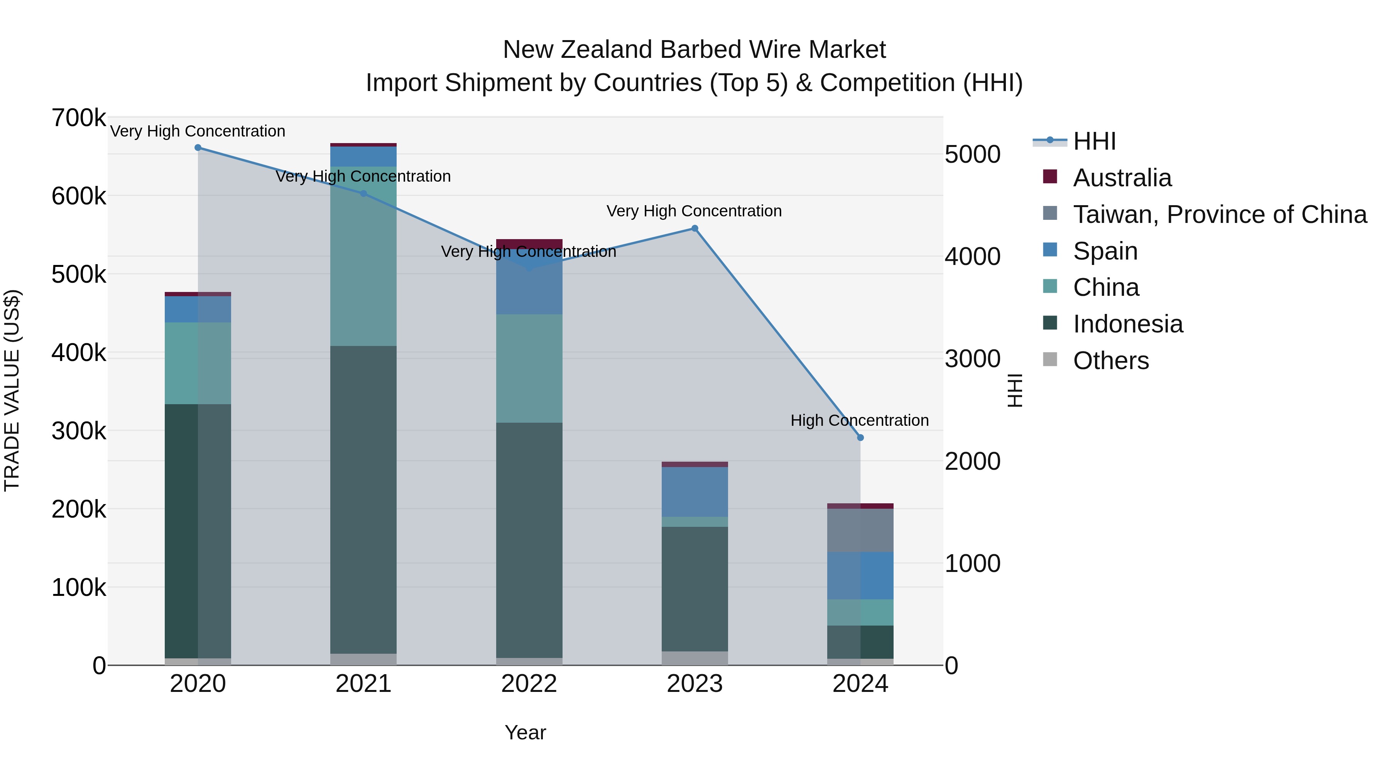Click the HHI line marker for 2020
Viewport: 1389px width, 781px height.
(x=198, y=148)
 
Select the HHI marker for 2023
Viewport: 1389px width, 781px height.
(x=694, y=229)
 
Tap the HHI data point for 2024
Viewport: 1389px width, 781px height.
(x=860, y=438)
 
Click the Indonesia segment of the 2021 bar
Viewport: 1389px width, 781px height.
(x=363, y=499)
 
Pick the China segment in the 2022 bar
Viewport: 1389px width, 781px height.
(x=529, y=368)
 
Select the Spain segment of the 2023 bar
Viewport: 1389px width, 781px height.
(x=694, y=492)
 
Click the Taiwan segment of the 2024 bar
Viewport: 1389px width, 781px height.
(x=860, y=530)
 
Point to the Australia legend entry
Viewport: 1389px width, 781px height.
(x=1122, y=178)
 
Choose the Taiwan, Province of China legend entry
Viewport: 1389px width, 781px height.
(x=1218, y=214)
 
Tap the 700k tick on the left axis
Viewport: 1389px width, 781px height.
(x=79, y=118)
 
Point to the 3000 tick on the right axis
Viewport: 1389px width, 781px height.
(x=972, y=359)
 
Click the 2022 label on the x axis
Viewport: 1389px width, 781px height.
(x=529, y=684)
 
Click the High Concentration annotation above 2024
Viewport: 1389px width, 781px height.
(x=860, y=420)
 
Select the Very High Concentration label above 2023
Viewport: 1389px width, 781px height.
(x=694, y=211)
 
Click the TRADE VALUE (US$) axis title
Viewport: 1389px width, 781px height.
(x=12, y=390)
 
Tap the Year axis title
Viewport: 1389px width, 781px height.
(x=525, y=732)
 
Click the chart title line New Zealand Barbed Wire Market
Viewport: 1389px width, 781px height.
(x=694, y=50)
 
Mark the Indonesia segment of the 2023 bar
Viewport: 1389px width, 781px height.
(x=694, y=589)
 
